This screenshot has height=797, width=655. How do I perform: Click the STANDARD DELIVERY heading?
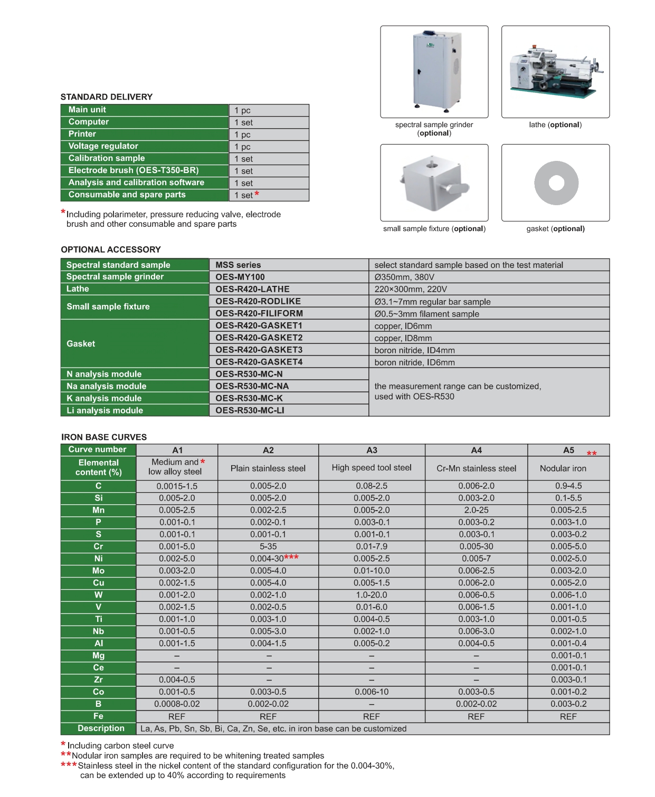[106, 97]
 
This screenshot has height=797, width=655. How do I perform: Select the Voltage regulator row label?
[103, 146]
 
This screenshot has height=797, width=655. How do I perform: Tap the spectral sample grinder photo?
[434, 71]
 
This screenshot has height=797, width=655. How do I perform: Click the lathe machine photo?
[555, 71]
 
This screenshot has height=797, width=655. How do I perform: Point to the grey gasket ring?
[556, 183]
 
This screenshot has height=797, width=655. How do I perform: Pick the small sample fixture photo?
[434, 183]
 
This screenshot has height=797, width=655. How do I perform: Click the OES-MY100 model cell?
[240, 277]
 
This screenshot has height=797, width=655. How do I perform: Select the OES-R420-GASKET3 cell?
[259, 350]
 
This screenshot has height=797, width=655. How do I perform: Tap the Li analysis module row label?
[105, 410]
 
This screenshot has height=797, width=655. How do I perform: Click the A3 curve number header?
[372, 450]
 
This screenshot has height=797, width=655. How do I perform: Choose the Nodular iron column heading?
[563, 468]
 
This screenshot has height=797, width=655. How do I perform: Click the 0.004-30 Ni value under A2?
[267, 559]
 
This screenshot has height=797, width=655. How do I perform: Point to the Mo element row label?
[98, 571]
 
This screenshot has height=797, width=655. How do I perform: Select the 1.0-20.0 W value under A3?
[372, 595]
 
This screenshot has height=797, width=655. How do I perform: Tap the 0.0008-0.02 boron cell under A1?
[177, 704]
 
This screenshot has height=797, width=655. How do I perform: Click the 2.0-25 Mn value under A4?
[476, 510]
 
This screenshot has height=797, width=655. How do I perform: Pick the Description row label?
[101, 728]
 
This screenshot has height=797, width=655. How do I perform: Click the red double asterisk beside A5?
[592, 454]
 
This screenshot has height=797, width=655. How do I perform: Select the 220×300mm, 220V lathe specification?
[411, 289]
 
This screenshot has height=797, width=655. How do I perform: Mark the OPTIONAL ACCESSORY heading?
[110, 249]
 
